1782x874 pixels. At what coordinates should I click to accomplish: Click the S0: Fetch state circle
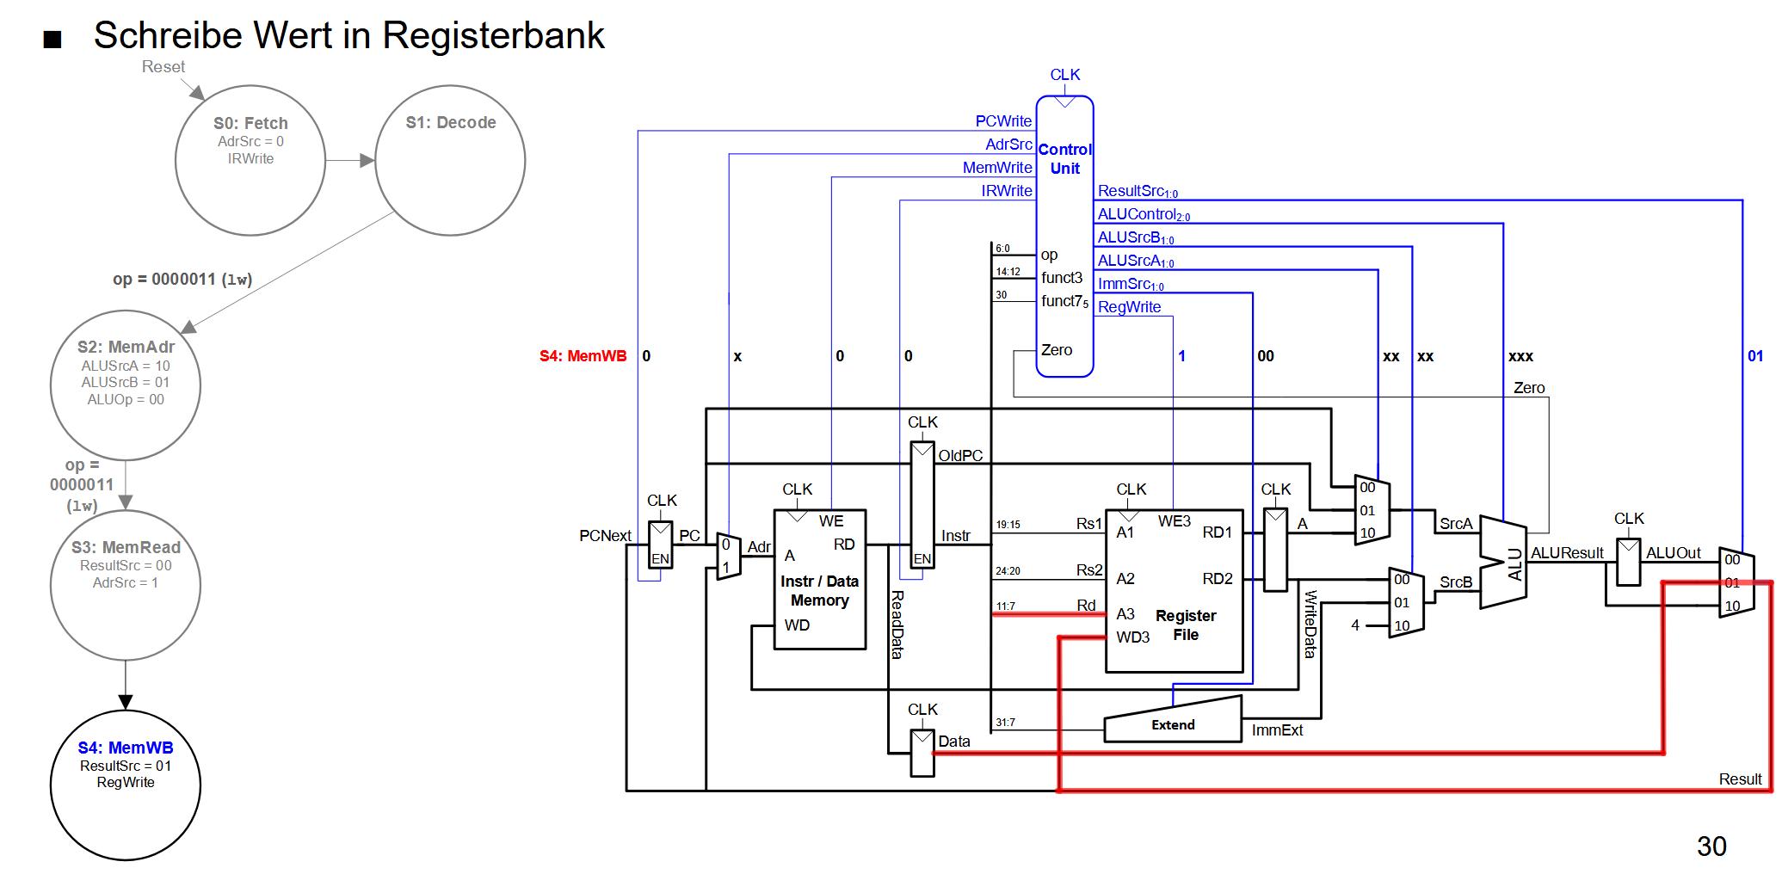[x=250, y=161]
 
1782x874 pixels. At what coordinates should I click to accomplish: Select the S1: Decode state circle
[x=450, y=161]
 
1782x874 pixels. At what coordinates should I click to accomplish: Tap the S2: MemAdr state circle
[x=126, y=385]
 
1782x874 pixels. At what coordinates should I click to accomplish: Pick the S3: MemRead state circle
[x=126, y=585]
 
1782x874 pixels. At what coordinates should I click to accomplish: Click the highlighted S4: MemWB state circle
[x=126, y=785]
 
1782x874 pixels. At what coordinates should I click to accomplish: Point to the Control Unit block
[x=1064, y=236]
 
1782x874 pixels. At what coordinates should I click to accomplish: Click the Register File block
[x=1174, y=590]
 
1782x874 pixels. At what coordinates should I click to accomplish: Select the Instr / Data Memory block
[x=819, y=580]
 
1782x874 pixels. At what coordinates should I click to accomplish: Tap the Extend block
[x=1173, y=720]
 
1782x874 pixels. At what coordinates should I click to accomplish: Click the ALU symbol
[x=1503, y=563]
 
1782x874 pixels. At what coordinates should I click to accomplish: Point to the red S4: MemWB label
[x=583, y=356]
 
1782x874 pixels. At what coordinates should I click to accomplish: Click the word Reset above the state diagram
[x=163, y=67]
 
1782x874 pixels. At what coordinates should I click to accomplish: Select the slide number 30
[x=1711, y=846]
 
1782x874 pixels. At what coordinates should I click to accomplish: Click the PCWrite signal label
[x=1003, y=121]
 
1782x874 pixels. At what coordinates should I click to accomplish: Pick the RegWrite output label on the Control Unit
[x=1129, y=307]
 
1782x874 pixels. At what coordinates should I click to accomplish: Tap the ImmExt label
[x=1277, y=730]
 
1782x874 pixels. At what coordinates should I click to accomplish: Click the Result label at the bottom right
[x=1740, y=779]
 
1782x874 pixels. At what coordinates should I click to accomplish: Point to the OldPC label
[x=960, y=456]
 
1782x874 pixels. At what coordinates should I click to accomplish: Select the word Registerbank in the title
[x=493, y=36]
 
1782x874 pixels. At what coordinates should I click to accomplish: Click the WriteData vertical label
[x=1310, y=624]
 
